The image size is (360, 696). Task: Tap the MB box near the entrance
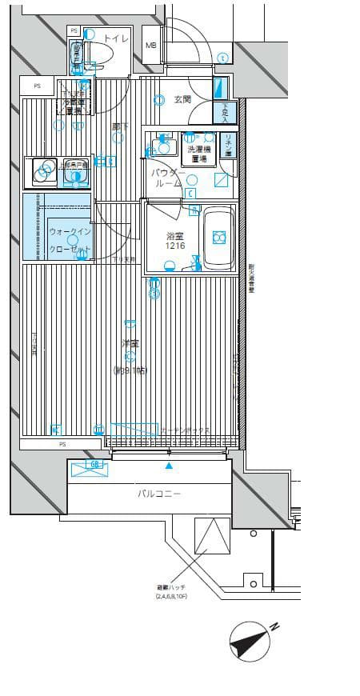coord(151,46)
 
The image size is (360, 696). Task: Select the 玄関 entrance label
coord(182,99)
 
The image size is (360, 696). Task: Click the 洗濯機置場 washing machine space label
coord(199,154)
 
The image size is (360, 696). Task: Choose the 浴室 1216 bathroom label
coord(175,242)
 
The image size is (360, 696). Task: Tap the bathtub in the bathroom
coord(218,238)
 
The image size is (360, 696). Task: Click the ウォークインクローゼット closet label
coord(68,240)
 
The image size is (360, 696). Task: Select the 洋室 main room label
coord(130,343)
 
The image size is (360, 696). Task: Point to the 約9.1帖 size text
coord(130,370)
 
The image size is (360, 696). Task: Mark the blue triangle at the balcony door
coord(169,465)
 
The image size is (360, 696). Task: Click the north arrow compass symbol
coord(251,641)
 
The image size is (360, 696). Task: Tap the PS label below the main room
coord(62,443)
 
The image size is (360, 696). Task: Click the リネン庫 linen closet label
coord(228,146)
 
